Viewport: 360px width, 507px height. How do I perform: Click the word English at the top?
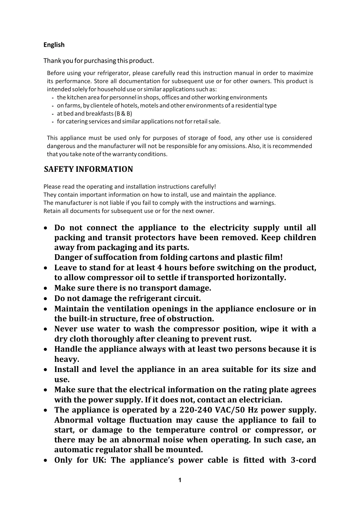pyautogui.click(x=54, y=45)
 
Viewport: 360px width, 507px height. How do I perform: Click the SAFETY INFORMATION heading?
pyautogui.click(x=88, y=169)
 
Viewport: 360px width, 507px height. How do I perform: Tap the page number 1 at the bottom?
pyautogui.click(x=180, y=480)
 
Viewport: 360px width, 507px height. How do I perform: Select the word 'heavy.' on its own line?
pyautogui.click(x=67, y=359)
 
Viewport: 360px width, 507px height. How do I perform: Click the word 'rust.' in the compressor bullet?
pyautogui.click(x=242, y=339)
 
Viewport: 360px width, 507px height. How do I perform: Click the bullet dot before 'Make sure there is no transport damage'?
pyautogui.click(x=46, y=289)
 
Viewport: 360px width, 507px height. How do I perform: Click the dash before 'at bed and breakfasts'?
pyautogui.click(x=52, y=114)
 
